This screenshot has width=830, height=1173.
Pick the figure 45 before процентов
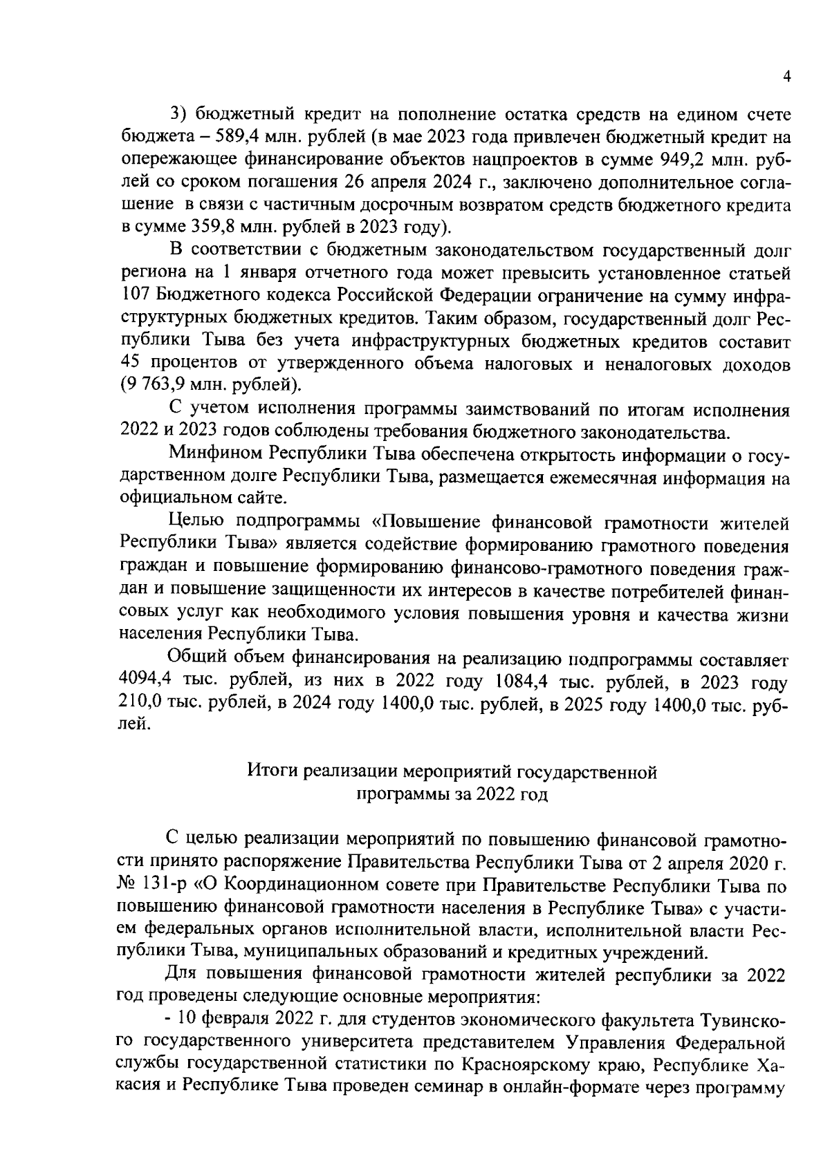[131, 362]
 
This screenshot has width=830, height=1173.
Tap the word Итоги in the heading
[270, 771]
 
